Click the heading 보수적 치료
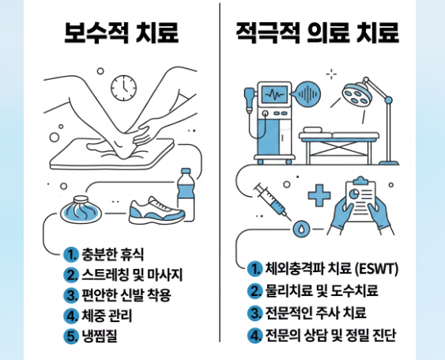(122, 32)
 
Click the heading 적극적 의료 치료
(318, 32)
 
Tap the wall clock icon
(123, 88)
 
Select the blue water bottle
(186, 195)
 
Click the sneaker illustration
(157, 210)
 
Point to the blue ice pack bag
(81, 210)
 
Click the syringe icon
(272, 202)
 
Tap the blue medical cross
(319, 195)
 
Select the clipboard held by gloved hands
(360, 200)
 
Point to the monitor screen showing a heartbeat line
(274, 94)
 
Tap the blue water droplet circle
(301, 229)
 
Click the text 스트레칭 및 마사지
(132, 275)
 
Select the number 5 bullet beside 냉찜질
(70, 336)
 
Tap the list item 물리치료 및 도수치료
(322, 290)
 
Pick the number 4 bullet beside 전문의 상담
(255, 335)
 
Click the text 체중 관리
(107, 316)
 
